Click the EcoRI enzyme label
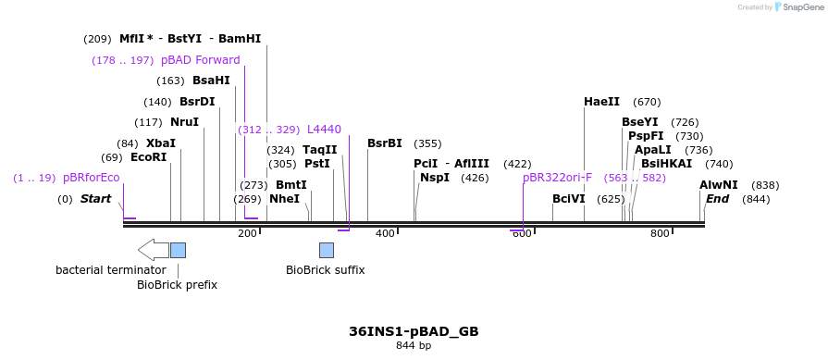coord(148,157)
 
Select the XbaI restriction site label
coord(160,143)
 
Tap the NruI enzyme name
coord(184,122)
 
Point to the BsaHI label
coord(211,81)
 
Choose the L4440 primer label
coord(324,130)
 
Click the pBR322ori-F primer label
coord(557,178)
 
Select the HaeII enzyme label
coord(601,102)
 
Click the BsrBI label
coord(385,143)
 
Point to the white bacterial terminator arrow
coord(153,249)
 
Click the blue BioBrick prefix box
coord(178,250)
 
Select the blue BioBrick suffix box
coord(327,250)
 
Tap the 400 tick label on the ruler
coord(385,233)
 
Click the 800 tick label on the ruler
coord(660,233)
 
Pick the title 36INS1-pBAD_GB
coord(414,331)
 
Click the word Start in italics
coord(95,199)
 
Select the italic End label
coord(718,199)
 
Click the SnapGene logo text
coord(802,7)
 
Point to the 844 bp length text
coord(414,346)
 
